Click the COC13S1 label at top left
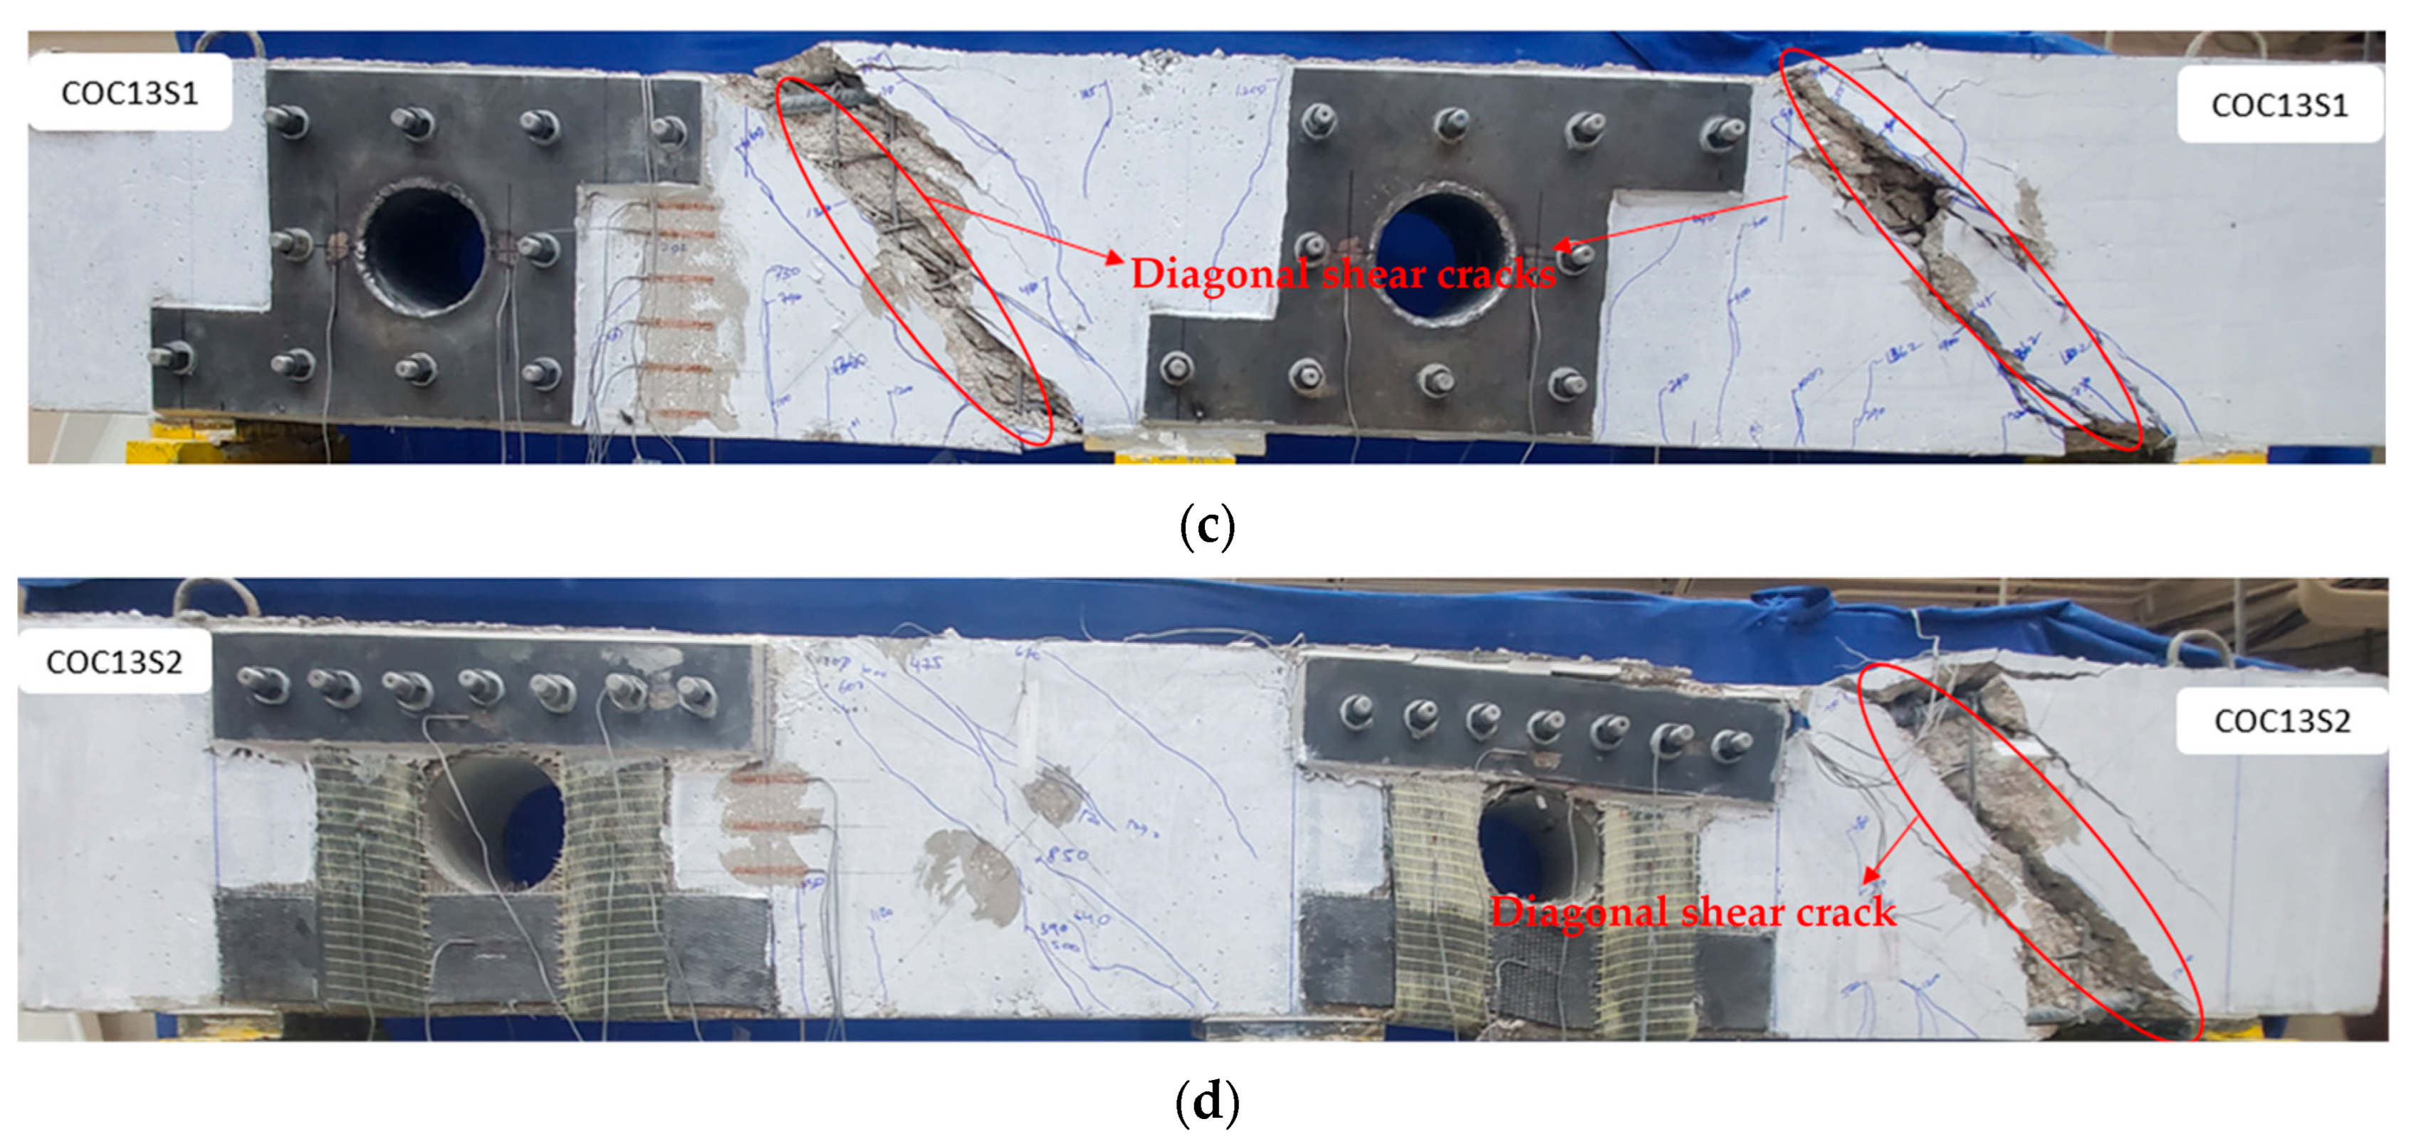point(130,92)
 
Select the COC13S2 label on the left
point(113,662)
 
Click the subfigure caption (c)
point(1207,527)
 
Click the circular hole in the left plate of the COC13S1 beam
point(424,248)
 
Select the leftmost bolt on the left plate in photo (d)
point(260,683)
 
